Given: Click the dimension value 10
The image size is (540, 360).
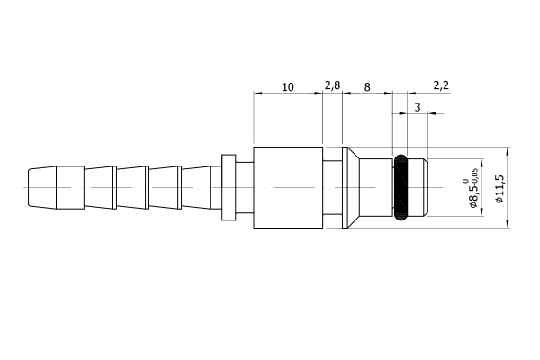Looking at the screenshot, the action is [288, 87].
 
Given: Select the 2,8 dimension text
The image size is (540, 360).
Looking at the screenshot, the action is [332, 85].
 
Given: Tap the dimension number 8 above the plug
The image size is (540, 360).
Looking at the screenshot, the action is [367, 87].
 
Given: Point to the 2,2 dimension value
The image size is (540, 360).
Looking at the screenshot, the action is [441, 85].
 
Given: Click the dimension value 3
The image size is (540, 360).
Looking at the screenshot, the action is [418, 107].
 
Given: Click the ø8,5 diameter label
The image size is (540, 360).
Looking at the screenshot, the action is [473, 195].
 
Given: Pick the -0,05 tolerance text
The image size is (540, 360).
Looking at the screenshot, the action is [474, 176].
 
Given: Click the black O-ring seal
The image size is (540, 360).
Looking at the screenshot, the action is [400, 188].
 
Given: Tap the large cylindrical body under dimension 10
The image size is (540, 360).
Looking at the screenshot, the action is [288, 187].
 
